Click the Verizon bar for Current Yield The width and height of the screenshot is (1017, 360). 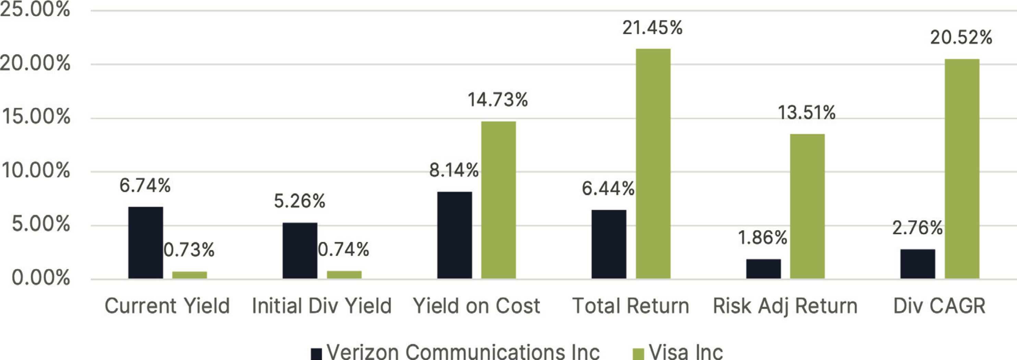tap(145, 243)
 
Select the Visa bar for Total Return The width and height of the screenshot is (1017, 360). tap(653, 164)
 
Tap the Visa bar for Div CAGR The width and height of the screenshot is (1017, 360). tap(962, 169)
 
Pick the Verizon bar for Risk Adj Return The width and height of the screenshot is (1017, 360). tap(763, 269)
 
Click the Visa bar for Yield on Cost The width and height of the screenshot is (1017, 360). tap(498, 200)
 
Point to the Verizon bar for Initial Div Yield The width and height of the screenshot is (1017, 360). tap(300, 251)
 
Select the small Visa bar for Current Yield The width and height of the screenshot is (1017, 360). tap(190, 275)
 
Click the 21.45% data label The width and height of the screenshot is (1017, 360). tap(652, 28)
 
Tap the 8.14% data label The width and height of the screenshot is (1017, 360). tap(453, 171)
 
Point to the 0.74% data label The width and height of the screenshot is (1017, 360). tap(343, 249)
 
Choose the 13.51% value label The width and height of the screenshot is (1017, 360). tap(807, 113)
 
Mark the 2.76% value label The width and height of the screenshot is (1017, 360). tap(917, 228)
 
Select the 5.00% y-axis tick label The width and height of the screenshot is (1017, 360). tap(41, 224)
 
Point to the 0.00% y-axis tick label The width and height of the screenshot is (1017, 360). tap(41, 278)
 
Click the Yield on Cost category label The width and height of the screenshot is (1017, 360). tap(476, 306)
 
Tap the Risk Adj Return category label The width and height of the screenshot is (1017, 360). tap(785, 306)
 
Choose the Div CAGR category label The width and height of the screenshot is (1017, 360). tap(939, 306)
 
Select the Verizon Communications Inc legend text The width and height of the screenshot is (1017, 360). tap(463, 351)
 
